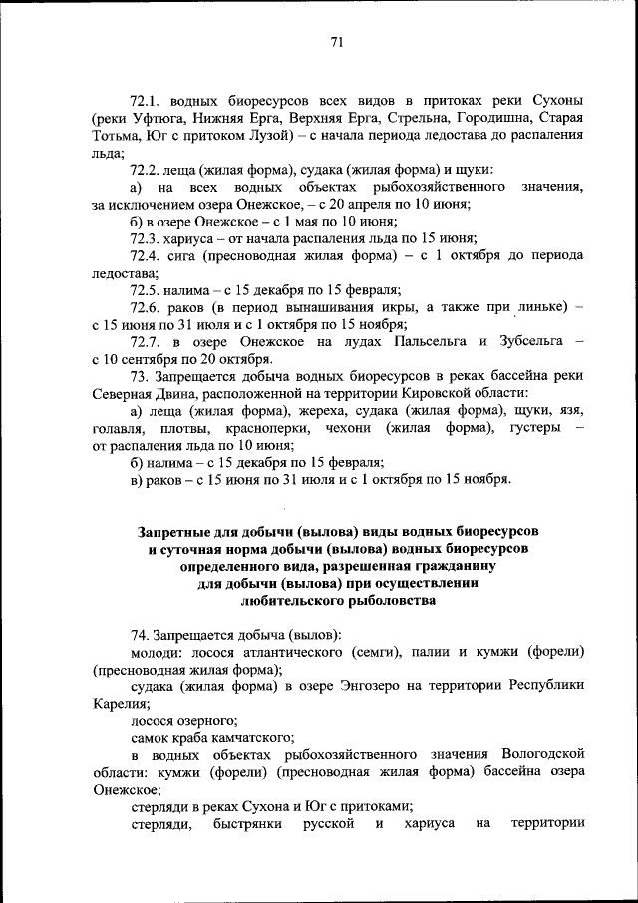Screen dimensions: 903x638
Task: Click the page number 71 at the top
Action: (336, 41)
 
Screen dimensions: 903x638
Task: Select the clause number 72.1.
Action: (147, 102)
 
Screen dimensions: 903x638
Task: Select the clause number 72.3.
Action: (147, 237)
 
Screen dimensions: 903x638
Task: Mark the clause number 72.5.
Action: (147, 289)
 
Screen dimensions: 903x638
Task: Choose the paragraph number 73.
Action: (140, 376)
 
